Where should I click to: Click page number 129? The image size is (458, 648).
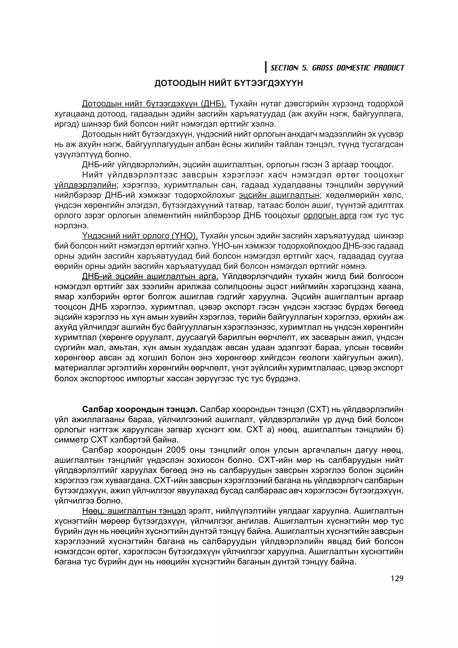(397, 578)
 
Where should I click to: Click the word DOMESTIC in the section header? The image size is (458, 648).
(353, 68)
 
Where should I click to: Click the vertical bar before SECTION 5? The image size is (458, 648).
(266, 67)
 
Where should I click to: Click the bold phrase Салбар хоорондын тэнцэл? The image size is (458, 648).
(140, 409)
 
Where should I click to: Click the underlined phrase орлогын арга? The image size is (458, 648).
(330, 216)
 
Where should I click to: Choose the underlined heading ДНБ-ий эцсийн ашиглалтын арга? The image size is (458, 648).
(150, 276)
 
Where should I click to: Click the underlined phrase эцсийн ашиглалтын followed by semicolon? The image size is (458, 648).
(279, 195)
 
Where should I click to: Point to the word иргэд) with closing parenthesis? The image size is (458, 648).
(65, 124)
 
